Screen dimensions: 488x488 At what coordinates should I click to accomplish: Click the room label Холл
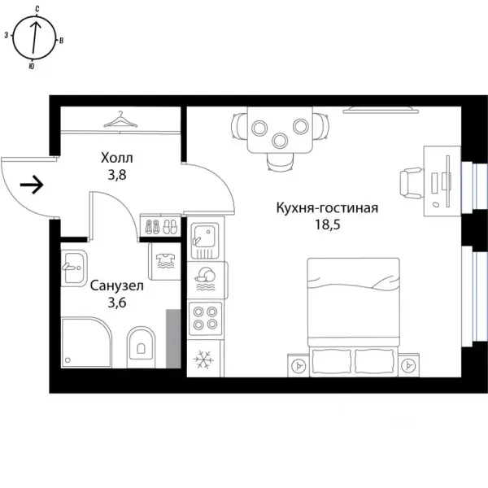116,158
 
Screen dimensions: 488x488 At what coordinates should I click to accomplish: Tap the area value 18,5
328,224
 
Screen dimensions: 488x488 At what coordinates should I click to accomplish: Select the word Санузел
117,286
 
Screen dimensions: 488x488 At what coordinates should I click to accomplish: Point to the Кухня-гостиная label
327,208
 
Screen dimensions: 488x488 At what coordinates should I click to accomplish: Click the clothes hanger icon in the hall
120,120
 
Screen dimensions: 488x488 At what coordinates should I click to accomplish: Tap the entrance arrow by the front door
32,185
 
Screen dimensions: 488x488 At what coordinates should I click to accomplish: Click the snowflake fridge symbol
203,359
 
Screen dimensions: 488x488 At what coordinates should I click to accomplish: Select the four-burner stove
206,318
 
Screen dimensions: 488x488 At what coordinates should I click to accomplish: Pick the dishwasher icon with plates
205,279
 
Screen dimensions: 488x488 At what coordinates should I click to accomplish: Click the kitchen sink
205,241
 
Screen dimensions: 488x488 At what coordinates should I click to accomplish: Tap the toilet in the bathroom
141,347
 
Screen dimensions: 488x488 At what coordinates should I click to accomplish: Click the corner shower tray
86,342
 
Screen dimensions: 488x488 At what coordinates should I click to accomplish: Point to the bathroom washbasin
74,268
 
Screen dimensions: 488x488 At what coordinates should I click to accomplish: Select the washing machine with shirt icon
165,261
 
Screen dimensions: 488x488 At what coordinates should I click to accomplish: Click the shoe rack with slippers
160,225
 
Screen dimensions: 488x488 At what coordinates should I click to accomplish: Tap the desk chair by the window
412,183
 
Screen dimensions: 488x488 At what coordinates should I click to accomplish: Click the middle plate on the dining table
280,141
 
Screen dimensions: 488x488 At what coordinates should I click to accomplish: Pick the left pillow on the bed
331,362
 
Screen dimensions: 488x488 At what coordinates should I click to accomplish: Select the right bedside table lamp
407,365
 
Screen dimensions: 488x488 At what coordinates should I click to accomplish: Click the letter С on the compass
37,9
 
